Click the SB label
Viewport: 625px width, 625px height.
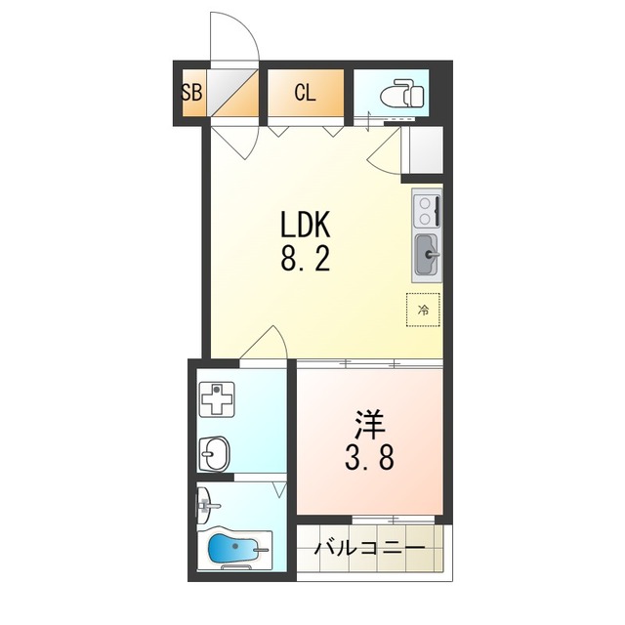(x=191, y=93)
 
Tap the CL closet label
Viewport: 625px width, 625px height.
(x=305, y=93)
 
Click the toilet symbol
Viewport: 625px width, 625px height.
(x=402, y=95)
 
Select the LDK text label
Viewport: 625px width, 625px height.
(x=306, y=225)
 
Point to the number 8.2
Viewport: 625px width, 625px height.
(x=306, y=258)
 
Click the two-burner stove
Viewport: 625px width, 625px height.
(x=427, y=211)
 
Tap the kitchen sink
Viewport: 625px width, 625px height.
(x=427, y=255)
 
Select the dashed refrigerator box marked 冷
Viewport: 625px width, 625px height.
(x=423, y=310)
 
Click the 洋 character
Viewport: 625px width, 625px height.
(x=369, y=425)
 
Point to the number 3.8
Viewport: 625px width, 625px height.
(x=369, y=457)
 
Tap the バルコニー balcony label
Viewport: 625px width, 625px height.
(x=369, y=549)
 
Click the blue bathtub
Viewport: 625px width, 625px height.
(x=234, y=549)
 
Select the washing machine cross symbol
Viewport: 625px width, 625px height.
(x=217, y=398)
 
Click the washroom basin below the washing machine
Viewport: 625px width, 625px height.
(x=215, y=453)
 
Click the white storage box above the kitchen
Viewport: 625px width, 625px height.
(x=426, y=149)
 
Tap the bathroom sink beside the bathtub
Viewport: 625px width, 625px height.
(x=207, y=506)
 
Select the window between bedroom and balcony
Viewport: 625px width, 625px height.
(x=394, y=520)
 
